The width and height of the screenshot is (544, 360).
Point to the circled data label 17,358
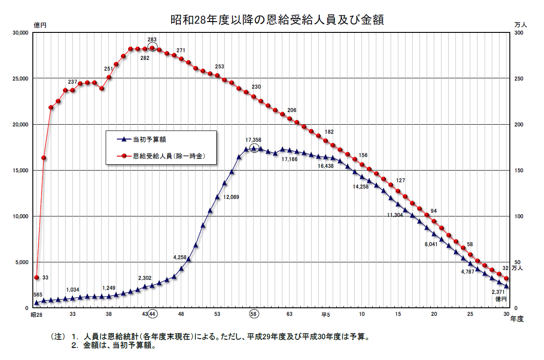[254, 140]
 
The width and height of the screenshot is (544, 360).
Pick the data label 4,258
[182, 257]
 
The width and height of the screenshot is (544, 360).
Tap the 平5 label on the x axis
[326, 314]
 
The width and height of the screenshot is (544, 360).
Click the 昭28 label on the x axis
[36, 314]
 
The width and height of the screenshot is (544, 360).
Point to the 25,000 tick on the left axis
[19, 79]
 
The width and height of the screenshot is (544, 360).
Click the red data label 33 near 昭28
[45, 277]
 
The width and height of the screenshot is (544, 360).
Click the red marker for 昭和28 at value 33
[36, 277]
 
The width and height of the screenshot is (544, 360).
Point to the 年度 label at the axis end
[517, 319]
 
